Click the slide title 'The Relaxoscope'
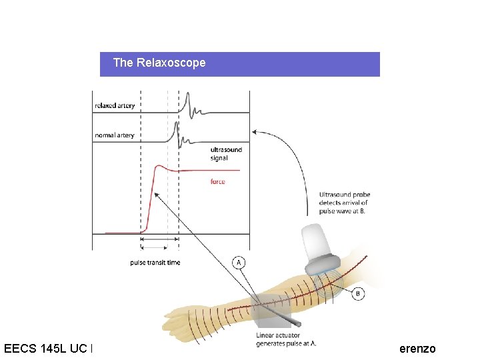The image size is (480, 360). [x=159, y=63]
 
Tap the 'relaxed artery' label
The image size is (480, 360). [x=115, y=105]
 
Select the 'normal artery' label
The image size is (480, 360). [x=114, y=135]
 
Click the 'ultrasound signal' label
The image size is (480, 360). [x=226, y=154]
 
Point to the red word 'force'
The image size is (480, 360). [x=217, y=181]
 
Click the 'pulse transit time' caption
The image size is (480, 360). [x=155, y=263]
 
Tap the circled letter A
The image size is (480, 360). [x=238, y=263]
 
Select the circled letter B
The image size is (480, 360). [x=358, y=293]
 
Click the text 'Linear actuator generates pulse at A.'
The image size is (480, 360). [x=278, y=339]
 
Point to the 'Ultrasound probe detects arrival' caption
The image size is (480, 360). [x=344, y=203]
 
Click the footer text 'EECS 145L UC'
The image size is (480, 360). [x=47, y=348]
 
